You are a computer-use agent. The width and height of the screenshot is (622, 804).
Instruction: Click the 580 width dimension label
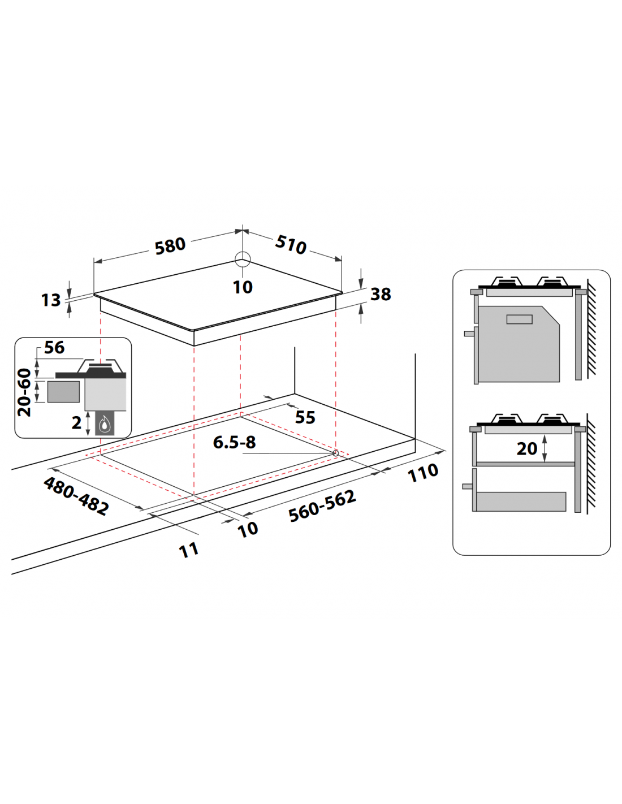pos(170,246)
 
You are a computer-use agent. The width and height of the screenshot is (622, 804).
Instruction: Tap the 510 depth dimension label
pos(291,245)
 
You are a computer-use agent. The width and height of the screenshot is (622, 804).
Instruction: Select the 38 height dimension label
pos(381,294)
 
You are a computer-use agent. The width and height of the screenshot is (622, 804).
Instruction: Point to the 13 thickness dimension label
pos(51,300)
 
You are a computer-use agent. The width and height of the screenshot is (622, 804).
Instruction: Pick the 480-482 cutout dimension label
pos(76,496)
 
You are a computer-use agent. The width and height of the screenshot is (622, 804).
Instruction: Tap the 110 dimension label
pos(423,473)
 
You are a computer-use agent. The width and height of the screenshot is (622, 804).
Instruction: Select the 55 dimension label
pos(305,417)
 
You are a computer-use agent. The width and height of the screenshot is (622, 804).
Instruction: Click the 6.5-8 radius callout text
pos(234,443)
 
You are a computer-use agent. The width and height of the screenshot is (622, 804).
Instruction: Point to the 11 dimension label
pos(189,551)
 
